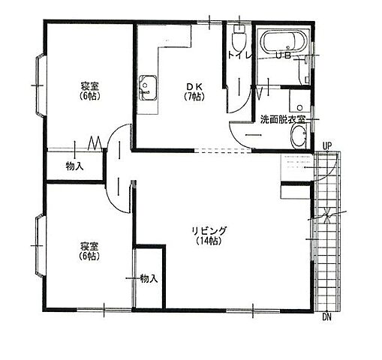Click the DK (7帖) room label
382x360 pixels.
194,91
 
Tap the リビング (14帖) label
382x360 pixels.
209,235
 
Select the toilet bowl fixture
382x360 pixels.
239,37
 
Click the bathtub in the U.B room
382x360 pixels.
283,42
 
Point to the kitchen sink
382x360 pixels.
148,88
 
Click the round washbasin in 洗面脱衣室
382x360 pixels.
299,136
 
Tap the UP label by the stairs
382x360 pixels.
326,146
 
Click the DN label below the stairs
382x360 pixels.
326,317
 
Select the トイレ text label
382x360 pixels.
239,55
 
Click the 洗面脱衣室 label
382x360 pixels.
283,119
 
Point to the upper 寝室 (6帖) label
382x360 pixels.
90,91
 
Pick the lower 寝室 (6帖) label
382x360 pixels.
89,251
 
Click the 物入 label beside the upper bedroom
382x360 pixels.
74,166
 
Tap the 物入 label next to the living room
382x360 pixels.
149,278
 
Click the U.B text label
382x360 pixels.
284,55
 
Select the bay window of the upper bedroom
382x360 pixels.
41,85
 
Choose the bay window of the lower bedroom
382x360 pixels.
41,246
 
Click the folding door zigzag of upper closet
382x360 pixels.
95,143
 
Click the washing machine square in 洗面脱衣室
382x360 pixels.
299,100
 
